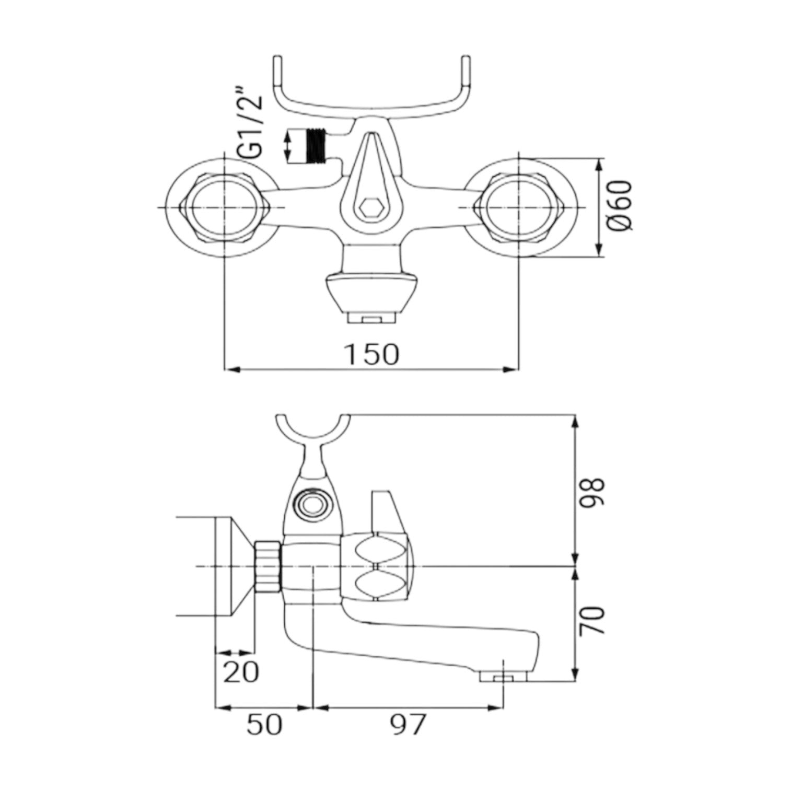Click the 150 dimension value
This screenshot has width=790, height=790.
pyautogui.click(x=371, y=354)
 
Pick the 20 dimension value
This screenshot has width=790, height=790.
pyautogui.click(x=241, y=672)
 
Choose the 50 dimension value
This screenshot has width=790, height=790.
pyautogui.click(x=264, y=725)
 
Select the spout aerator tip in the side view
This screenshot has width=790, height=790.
pyautogui.click(x=503, y=676)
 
